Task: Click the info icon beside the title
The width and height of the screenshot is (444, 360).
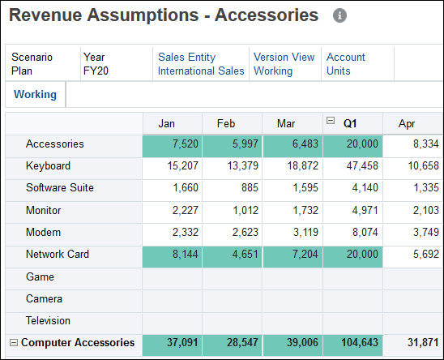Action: click(x=340, y=15)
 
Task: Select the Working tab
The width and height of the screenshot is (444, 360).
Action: click(x=35, y=94)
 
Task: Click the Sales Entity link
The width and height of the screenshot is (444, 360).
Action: click(x=187, y=57)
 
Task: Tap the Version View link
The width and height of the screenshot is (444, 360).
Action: click(x=284, y=57)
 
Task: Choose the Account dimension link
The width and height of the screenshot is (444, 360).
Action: click(x=346, y=57)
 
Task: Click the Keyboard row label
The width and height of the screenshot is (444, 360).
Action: click(x=48, y=166)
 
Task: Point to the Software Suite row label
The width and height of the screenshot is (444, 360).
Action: click(x=60, y=188)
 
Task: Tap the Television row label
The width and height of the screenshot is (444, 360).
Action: click(x=49, y=320)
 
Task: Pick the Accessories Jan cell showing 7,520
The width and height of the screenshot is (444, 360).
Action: click(x=173, y=144)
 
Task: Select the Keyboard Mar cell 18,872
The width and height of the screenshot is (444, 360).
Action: click(x=292, y=166)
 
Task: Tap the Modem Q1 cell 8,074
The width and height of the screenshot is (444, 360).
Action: click(x=352, y=233)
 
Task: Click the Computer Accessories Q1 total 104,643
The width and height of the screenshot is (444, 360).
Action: click(x=352, y=343)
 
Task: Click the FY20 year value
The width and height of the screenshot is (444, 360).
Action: click(x=96, y=71)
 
